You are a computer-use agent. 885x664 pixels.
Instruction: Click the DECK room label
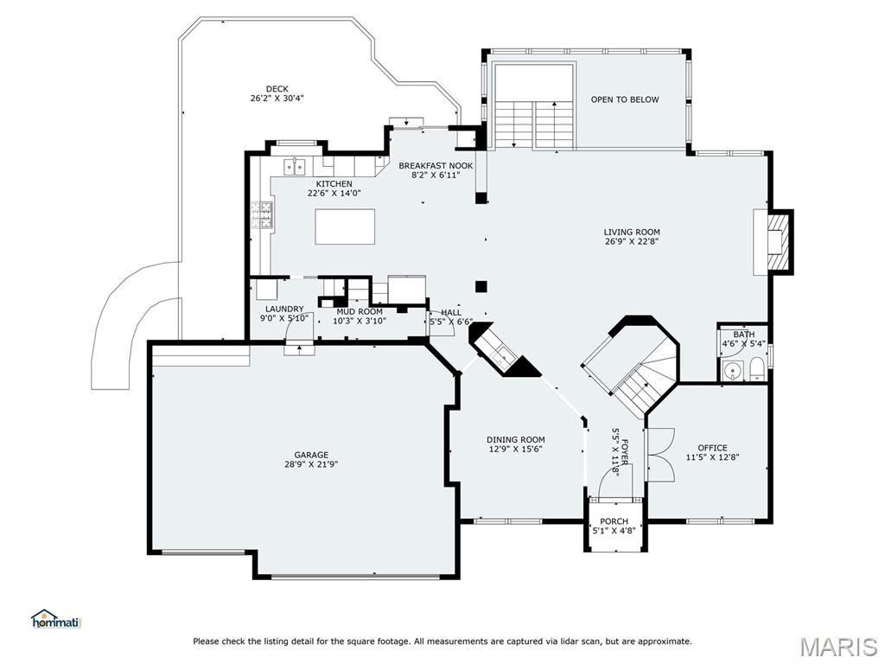pyautogui.click(x=277, y=89)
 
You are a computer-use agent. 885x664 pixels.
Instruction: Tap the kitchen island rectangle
pyautogui.click(x=345, y=227)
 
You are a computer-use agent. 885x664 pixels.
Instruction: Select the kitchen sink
pyautogui.click(x=295, y=167)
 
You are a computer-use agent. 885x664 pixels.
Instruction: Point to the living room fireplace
pyautogui.click(x=778, y=242)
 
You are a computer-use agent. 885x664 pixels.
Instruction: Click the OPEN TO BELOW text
pyautogui.click(x=625, y=99)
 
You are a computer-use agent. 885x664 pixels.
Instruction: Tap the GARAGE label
pyautogui.click(x=311, y=455)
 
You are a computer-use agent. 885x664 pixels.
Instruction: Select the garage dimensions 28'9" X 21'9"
pyautogui.click(x=311, y=464)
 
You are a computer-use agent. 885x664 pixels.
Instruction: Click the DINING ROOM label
pyautogui.click(x=516, y=439)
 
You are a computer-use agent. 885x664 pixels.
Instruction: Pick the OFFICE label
pyautogui.click(x=712, y=448)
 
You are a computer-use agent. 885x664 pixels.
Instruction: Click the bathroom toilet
pyautogui.click(x=756, y=369)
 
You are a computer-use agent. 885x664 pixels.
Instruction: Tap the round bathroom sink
pyautogui.click(x=733, y=372)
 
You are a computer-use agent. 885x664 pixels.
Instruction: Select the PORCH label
pyautogui.click(x=614, y=521)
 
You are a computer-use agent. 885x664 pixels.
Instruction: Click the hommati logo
pyautogui.click(x=57, y=619)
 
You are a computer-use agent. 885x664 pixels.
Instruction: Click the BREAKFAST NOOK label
pyautogui.click(x=436, y=165)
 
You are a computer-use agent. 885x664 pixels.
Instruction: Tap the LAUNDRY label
pyautogui.click(x=284, y=309)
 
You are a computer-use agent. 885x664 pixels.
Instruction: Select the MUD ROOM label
pyautogui.click(x=360, y=311)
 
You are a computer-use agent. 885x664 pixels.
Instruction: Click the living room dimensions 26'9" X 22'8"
pyautogui.click(x=632, y=241)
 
